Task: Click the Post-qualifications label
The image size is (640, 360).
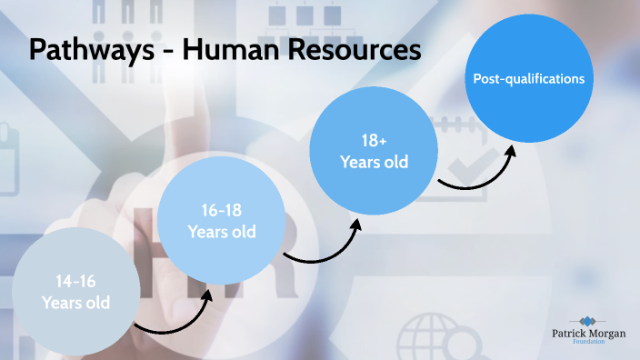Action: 528,79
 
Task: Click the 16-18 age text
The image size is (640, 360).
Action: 222,211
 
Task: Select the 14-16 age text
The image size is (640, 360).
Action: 75,282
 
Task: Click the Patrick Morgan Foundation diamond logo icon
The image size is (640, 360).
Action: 589,321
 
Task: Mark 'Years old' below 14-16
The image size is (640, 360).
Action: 75,302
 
